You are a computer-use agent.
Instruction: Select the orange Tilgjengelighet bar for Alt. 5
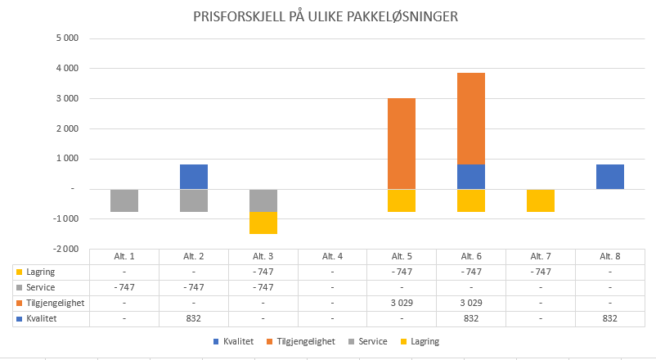(x=401, y=143)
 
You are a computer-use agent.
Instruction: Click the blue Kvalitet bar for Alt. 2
(x=194, y=177)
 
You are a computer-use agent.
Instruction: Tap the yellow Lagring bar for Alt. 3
(x=263, y=223)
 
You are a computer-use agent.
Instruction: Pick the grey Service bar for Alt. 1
(x=124, y=200)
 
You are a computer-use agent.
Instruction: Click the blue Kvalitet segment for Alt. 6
(x=470, y=177)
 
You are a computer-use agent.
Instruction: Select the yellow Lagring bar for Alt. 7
(x=540, y=200)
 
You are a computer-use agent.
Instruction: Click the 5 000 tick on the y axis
(x=67, y=38)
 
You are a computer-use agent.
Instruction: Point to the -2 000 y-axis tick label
(x=65, y=249)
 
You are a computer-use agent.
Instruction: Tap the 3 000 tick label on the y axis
(x=67, y=99)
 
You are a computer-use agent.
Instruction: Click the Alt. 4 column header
(x=332, y=257)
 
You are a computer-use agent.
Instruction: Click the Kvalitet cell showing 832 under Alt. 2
(x=194, y=318)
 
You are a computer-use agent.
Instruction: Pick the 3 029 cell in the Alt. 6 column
(x=470, y=303)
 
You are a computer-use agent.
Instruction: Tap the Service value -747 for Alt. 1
(x=124, y=287)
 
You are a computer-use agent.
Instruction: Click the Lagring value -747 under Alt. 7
(x=540, y=272)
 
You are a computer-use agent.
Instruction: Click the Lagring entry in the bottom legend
(x=424, y=341)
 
